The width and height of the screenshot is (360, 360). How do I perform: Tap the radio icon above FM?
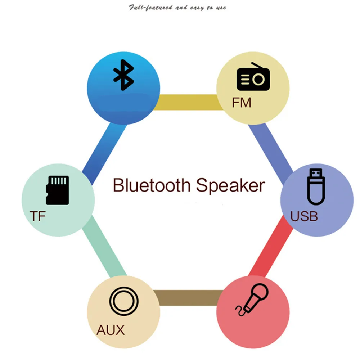(x=253, y=78)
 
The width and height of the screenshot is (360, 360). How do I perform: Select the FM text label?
(x=242, y=103)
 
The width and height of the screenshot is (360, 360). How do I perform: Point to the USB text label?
(x=304, y=216)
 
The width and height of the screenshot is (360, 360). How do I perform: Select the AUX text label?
(x=110, y=330)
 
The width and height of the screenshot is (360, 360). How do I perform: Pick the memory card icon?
(x=57, y=190)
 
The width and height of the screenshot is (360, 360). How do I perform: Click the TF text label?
(x=37, y=216)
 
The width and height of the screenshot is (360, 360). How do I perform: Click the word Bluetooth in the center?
(x=151, y=185)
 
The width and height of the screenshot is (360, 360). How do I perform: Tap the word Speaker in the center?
(x=230, y=186)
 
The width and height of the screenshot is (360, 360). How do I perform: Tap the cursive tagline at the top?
(x=177, y=8)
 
